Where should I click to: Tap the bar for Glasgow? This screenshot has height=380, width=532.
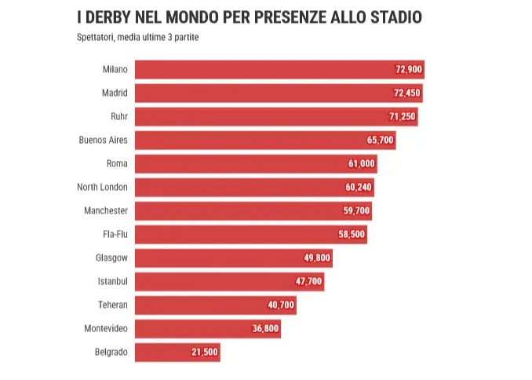[220, 258]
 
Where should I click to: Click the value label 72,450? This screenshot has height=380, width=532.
[407, 93]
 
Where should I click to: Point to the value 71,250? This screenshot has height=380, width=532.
[403, 117]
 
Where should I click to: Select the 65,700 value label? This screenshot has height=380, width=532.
[381, 141]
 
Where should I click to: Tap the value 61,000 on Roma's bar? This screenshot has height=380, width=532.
[362, 164]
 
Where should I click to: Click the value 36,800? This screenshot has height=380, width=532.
[265, 329]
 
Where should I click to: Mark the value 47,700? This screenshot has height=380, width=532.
[308, 282]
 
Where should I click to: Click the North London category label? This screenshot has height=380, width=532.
[102, 187]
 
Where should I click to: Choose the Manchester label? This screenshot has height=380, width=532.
[106, 210]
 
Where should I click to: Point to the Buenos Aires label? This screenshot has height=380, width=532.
[103, 140]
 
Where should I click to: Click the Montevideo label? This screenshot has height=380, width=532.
[106, 328]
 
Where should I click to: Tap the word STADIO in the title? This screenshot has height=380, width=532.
[397, 17]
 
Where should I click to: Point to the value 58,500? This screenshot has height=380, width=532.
[352, 235]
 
